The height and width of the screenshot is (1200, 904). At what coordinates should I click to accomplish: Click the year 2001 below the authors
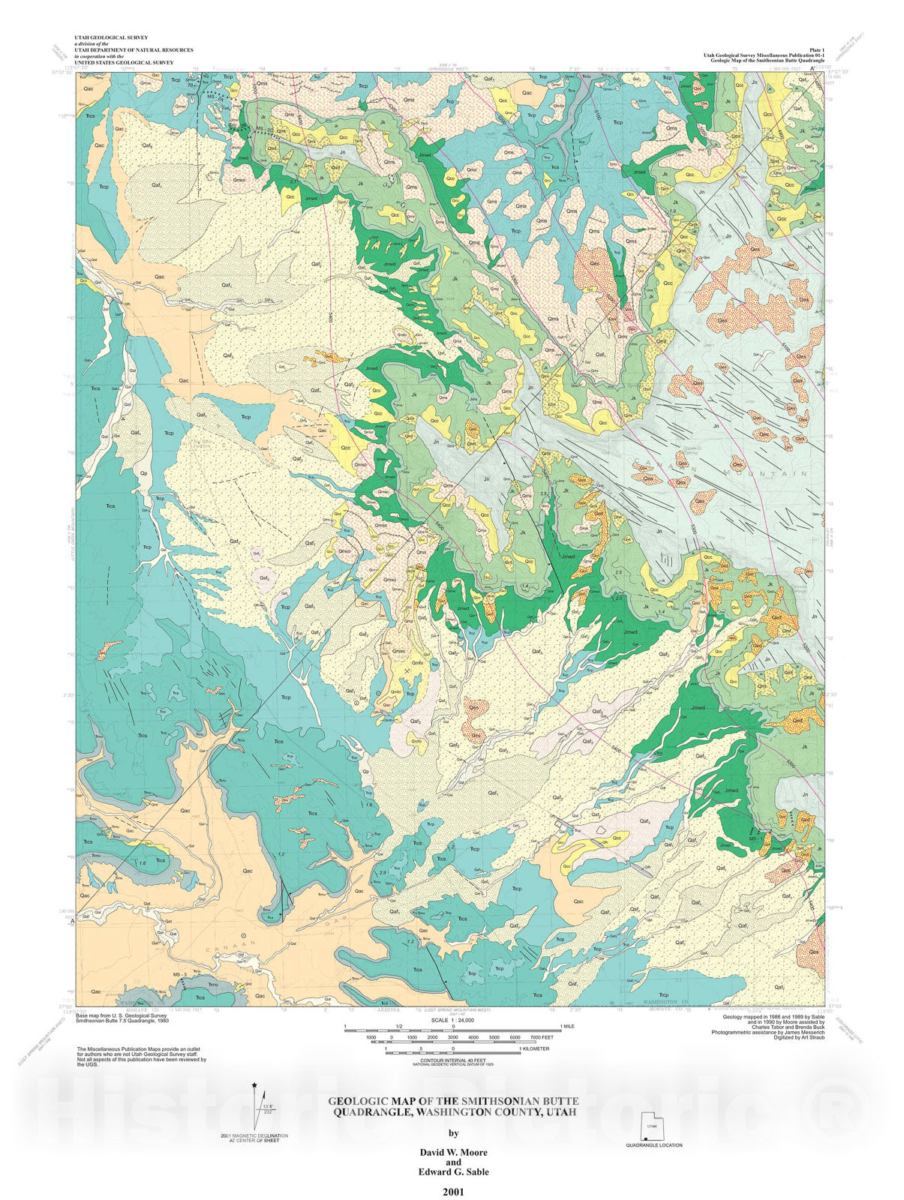(x=452, y=1190)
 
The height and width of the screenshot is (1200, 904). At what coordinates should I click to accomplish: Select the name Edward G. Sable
(x=452, y=1171)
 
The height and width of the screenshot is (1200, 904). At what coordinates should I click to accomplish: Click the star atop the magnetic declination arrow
(x=255, y=1085)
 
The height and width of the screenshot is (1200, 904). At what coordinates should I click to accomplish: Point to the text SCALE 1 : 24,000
(x=452, y=1021)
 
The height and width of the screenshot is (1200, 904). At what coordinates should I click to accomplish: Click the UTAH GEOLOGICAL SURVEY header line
(x=110, y=37)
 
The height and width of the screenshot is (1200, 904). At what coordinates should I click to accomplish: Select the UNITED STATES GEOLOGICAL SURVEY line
(x=124, y=63)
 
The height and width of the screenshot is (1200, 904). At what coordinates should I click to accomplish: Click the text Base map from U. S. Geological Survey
(x=122, y=1016)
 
